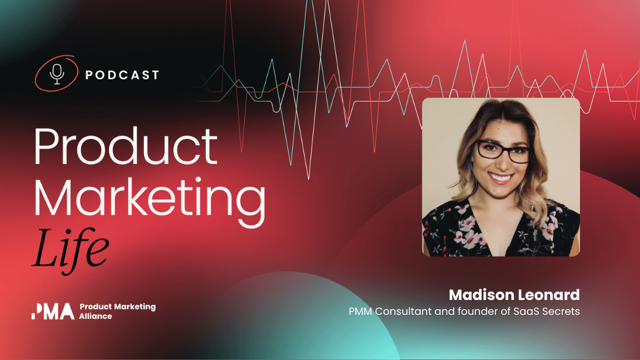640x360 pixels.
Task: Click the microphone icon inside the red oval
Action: pyautogui.click(x=57, y=74)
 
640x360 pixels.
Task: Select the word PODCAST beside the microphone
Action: pyautogui.click(x=122, y=75)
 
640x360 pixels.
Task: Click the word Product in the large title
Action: pyautogui.click(x=126, y=146)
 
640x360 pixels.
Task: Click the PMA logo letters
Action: pyautogui.click(x=53, y=311)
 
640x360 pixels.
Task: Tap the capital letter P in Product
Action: pyautogui.click(x=46, y=146)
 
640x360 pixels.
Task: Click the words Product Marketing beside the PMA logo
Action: pyautogui.click(x=117, y=307)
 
